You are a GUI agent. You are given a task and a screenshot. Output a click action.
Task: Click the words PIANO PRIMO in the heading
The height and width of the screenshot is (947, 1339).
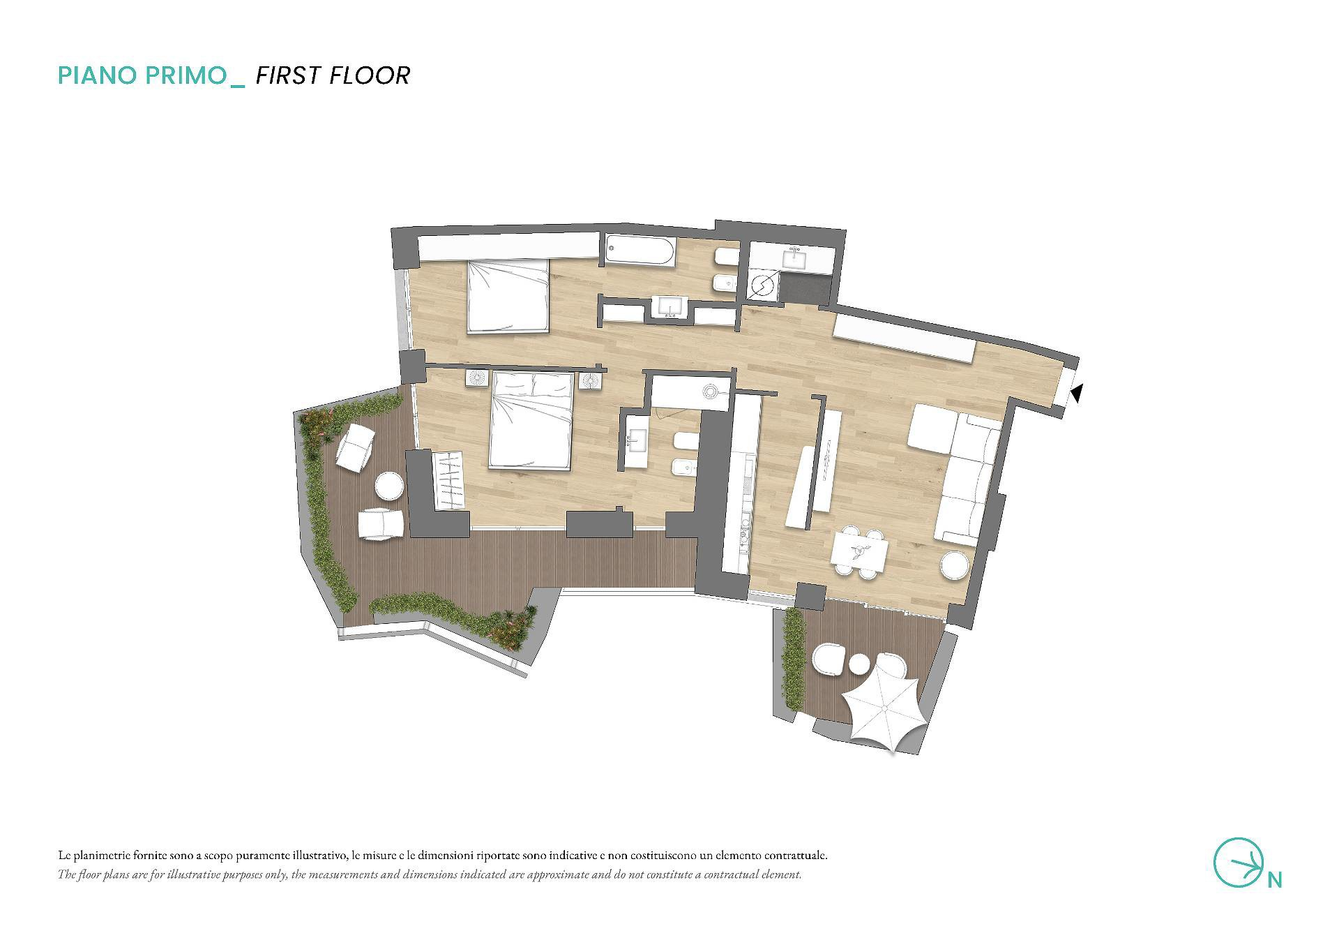pos(139,75)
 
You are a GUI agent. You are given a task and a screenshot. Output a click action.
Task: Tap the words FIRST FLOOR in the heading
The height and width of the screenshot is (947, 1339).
pos(333,75)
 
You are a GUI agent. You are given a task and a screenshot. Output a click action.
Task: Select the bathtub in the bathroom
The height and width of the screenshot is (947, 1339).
pos(640,251)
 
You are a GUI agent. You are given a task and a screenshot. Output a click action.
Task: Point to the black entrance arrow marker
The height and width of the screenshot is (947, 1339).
pos(1077,394)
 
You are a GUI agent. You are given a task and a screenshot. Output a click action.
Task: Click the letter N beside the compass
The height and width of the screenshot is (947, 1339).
pos(1274,881)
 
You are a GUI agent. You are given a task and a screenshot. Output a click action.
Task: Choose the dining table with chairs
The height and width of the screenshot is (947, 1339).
pos(860,554)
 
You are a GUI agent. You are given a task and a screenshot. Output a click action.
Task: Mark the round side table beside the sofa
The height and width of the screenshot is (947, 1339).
pos(955,565)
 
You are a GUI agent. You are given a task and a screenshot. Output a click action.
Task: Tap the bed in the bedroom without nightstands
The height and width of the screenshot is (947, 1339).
pos(508,296)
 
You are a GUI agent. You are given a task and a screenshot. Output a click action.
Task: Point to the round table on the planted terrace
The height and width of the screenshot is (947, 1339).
pos(389,486)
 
